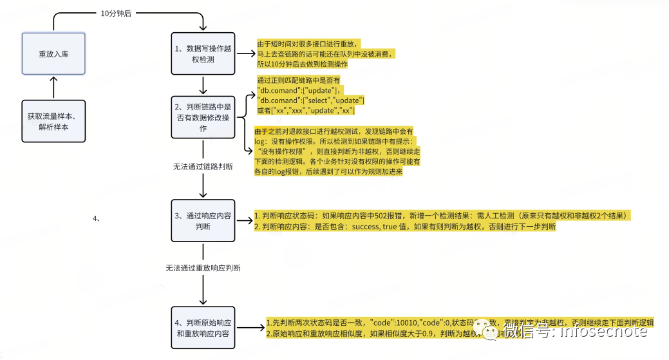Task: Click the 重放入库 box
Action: [x=53, y=53]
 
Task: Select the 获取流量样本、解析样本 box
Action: [x=53, y=122]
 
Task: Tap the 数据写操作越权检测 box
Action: [x=203, y=53]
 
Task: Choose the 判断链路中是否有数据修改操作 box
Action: [x=203, y=117]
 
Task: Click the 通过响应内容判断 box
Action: [x=203, y=221]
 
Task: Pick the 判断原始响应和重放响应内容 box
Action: [x=203, y=328]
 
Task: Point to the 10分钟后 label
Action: [x=117, y=14]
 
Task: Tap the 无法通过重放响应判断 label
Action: [x=203, y=267]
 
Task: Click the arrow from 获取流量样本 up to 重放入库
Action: [x=53, y=87]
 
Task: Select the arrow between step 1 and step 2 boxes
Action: [x=203, y=86]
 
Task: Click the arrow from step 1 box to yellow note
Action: [x=245, y=54]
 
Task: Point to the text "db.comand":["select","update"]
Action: [x=311, y=101]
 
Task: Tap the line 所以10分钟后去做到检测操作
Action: [x=302, y=64]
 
